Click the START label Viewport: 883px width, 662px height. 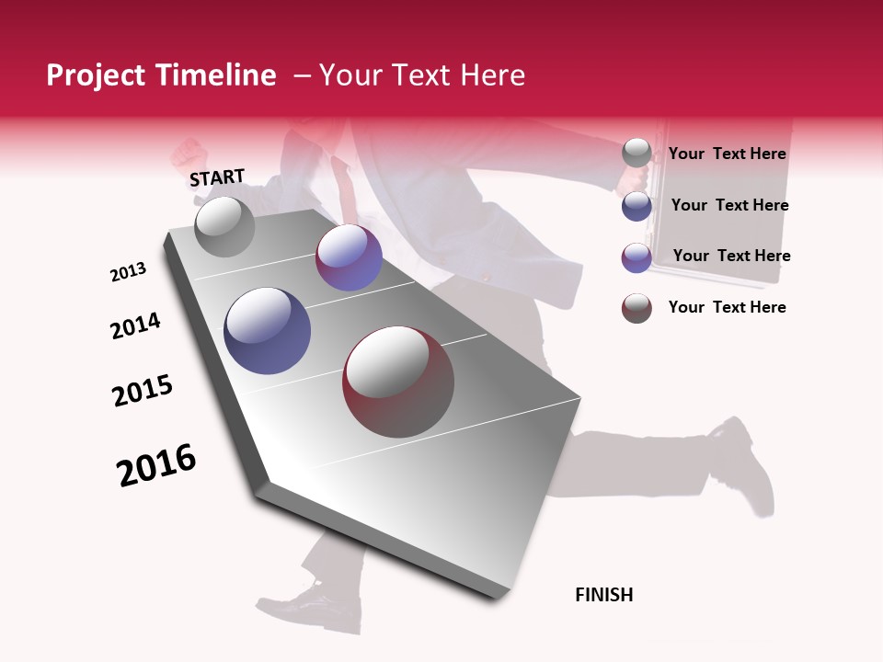point(217,177)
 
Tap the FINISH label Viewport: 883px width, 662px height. point(603,595)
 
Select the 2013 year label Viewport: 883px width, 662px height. point(129,272)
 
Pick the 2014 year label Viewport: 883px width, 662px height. point(136,325)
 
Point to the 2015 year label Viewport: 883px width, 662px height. point(143,391)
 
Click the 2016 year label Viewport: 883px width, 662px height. point(156,464)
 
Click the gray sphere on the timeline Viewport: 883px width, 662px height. point(224,226)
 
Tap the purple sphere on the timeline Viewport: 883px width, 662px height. point(349,257)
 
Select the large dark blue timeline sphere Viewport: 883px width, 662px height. point(267,331)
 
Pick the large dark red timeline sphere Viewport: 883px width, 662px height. point(398,382)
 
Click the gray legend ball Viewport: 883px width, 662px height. point(636,153)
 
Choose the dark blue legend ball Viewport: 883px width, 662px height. point(636,206)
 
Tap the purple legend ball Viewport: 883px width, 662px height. point(636,257)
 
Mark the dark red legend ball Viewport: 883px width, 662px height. point(636,308)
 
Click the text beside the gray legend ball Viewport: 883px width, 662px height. point(727,154)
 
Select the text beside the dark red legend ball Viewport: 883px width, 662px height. point(727,307)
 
